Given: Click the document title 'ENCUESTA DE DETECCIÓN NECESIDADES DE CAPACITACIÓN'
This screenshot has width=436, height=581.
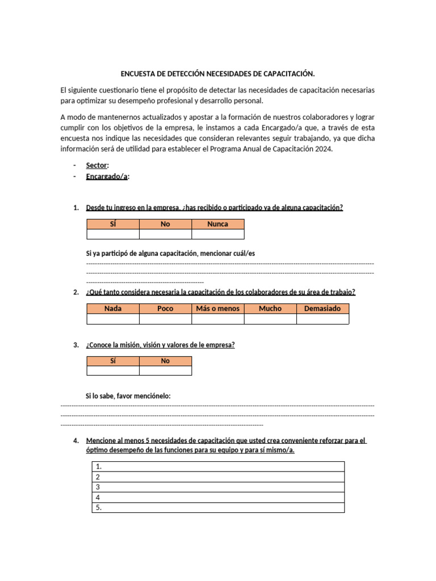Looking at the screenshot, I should [217, 74].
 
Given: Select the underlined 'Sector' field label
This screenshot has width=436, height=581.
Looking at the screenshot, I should [96, 165].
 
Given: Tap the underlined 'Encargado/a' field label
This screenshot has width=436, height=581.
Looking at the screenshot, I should [107, 176].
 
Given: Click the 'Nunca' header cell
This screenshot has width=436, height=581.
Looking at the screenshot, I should [217, 224].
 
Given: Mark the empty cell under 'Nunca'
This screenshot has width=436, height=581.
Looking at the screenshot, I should [217, 234].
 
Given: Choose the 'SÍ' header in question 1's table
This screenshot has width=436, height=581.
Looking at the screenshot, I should [112, 224].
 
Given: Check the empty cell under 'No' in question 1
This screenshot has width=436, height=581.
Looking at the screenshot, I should [165, 234].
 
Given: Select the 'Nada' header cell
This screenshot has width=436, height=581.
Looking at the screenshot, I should [112, 309].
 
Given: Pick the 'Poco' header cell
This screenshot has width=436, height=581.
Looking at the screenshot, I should [165, 309].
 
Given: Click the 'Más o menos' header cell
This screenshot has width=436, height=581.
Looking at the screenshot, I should [217, 309].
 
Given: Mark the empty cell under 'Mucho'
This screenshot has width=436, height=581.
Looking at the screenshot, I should [270, 319].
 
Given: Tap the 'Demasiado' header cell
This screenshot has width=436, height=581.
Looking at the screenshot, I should [322, 309].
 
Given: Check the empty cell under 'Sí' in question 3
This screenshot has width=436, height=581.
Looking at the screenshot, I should [112, 371].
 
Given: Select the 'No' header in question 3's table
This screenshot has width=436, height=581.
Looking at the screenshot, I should [165, 361].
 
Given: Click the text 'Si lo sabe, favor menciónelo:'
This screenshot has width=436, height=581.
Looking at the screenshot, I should [128, 395].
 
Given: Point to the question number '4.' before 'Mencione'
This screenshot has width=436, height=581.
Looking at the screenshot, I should [76, 441].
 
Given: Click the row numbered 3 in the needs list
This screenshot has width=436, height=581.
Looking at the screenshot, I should [218, 487].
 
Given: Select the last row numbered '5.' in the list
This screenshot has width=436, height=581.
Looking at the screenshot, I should [218, 508].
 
